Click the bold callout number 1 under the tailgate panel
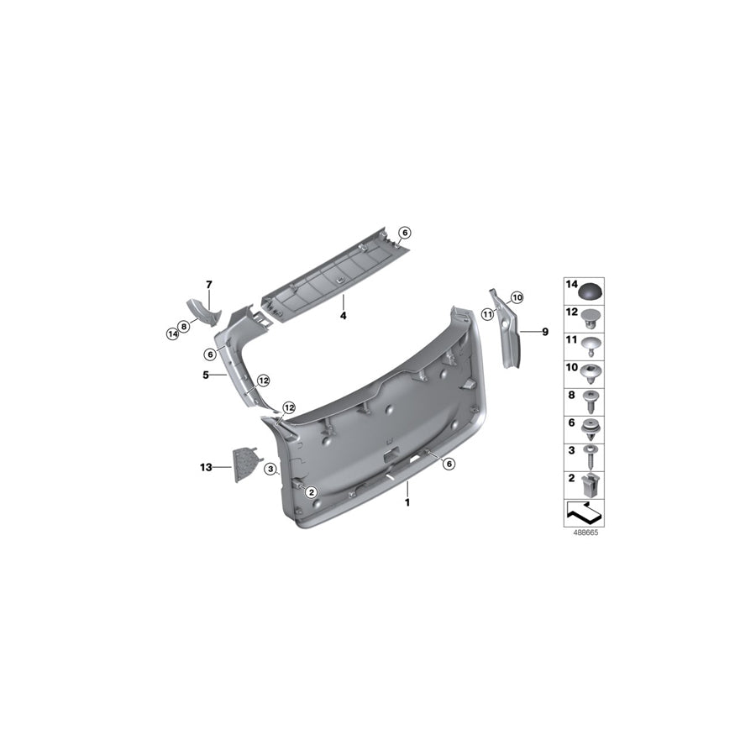coord(407,502)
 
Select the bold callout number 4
coord(343,316)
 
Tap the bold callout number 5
coord(205,375)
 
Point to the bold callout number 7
coord(209,284)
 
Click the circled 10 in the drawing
coord(516,297)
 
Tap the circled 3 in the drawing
coord(270,468)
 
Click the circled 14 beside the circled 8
coord(173,333)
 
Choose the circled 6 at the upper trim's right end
coord(404,233)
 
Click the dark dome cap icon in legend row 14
coord(592,291)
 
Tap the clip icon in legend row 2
coord(592,483)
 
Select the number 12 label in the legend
coord(570,312)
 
